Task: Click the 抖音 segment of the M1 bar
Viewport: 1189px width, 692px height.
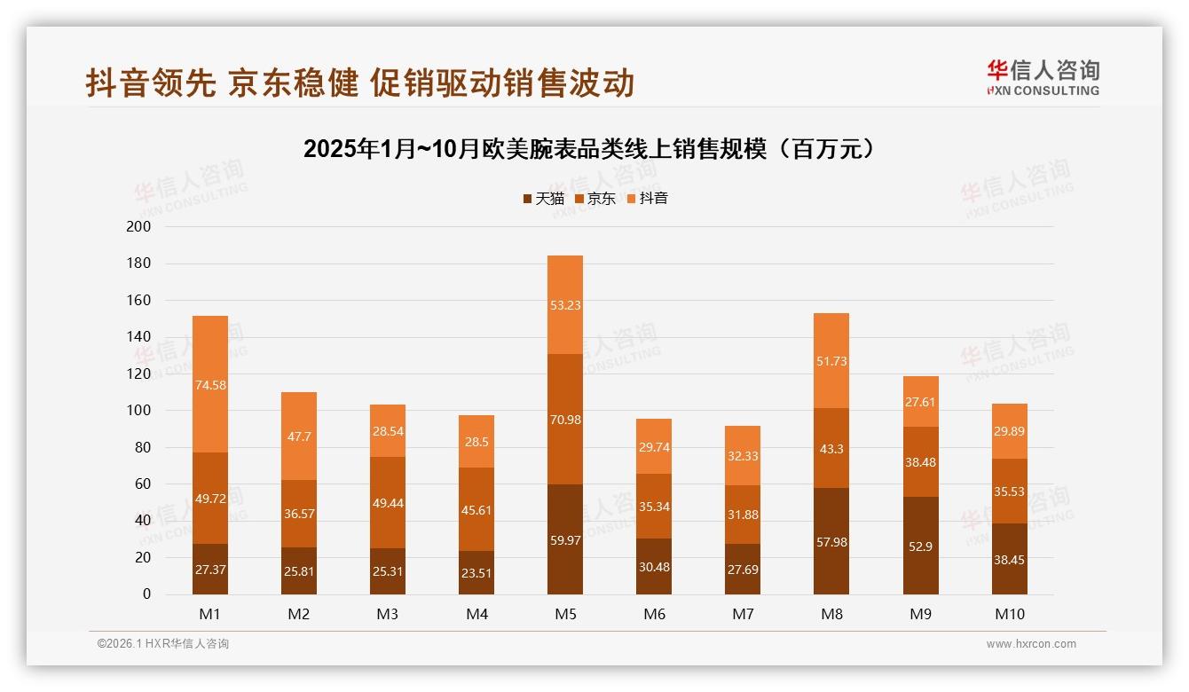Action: [x=210, y=384]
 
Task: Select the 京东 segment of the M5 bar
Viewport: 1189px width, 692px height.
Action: [x=565, y=419]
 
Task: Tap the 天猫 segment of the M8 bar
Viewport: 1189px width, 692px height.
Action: [x=831, y=541]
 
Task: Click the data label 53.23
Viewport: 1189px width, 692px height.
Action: [x=565, y=305]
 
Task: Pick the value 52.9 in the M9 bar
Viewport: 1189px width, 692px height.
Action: [x=920, y=547]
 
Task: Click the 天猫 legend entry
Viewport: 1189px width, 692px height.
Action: [x=543, y=199]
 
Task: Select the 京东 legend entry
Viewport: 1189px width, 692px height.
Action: [x=595, y=199]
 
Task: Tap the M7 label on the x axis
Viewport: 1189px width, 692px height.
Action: [x=743, y=614]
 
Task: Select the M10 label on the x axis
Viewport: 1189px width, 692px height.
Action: [x=1009, y=614]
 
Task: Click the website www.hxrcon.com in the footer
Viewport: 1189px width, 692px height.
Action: [x=1030, y=644]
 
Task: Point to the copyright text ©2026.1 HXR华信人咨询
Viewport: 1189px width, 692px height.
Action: [x=162, y=644]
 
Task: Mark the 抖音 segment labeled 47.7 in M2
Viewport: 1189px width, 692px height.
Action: [x=299, y=436]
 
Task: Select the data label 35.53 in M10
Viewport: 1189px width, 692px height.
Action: [x=1009, y=491]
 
